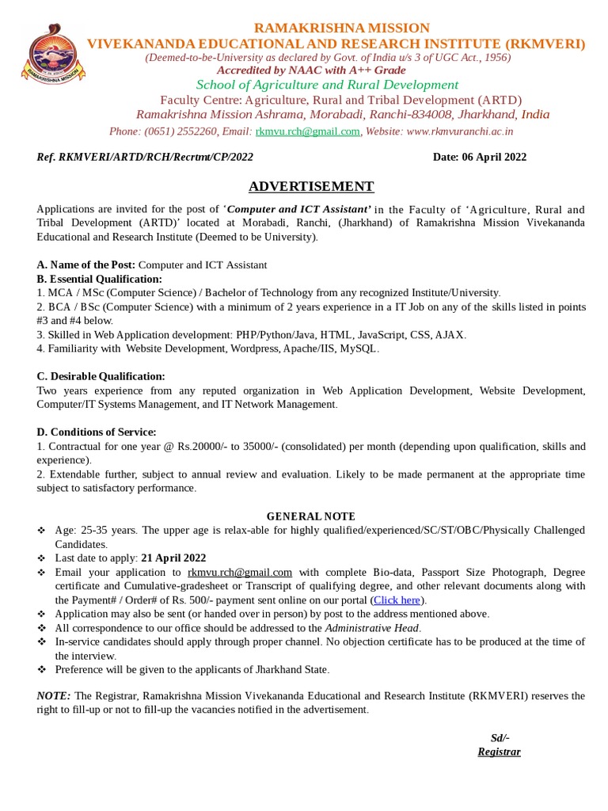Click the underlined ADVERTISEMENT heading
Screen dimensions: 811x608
(310, 187)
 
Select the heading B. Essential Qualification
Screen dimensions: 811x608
(99, 279)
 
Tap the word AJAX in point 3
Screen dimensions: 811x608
(450, 335)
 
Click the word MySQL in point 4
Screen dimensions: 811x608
(359, 348)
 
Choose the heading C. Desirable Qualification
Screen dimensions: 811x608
(101, 376)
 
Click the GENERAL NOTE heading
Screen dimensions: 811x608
(310, 516)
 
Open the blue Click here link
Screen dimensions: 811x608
(397, 600)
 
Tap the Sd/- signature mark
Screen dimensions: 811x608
(500, 738)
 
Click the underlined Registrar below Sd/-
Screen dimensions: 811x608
(499, 752)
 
